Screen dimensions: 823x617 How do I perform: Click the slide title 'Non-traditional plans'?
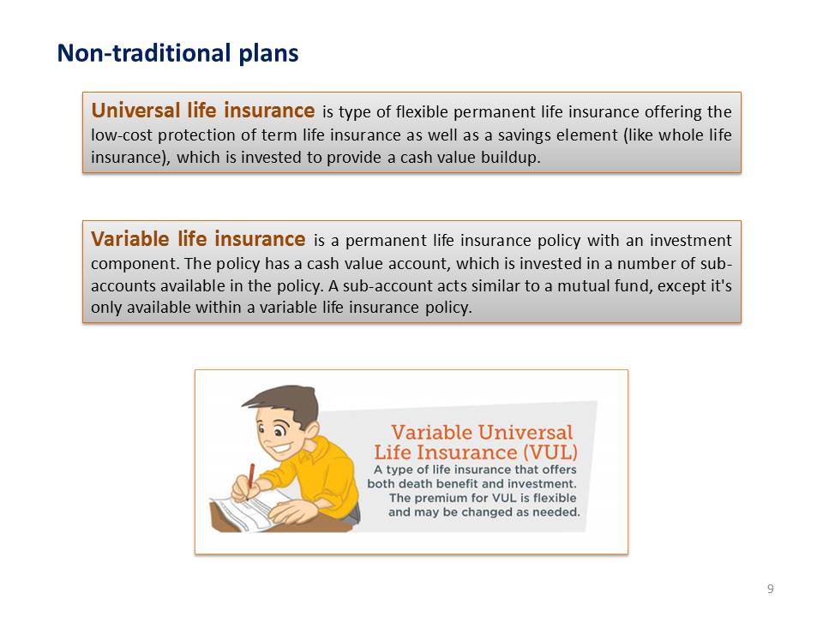[x=178, y=54]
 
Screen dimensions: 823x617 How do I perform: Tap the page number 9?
[x=770, y=589]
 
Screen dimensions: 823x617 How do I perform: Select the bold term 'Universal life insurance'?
[x=202, y=111]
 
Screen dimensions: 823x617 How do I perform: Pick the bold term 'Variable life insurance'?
[x=198, y=239]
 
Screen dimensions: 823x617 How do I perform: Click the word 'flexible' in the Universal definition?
[x=422, y=111]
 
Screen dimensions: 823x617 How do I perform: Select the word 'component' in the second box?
[x=135, y=264]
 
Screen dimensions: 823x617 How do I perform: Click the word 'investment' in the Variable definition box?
[x=691, y=240]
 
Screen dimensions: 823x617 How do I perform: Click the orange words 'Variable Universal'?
[x=482, y=432]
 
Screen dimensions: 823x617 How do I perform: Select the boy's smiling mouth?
[x=281, y=448]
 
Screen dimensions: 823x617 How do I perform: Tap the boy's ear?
[x=310, y=430]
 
